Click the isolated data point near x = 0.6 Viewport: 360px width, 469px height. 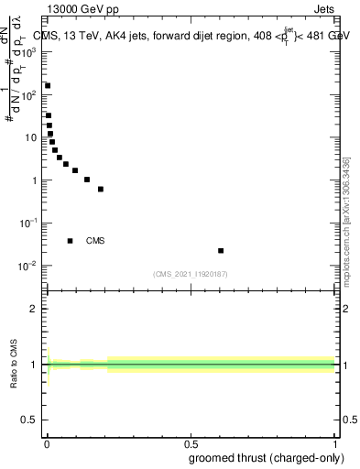click(x=221, y=250)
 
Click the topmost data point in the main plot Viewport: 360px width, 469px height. click(x=48, y=86)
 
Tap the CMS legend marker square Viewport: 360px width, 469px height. click(x=71, y=241)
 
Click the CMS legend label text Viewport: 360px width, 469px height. click(x=95, y=241)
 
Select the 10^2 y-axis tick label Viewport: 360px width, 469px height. click(x=30, y=95)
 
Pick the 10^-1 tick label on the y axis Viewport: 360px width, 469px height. click(x=30, y=224)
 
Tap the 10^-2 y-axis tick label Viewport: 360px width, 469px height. click(x=30, y=266)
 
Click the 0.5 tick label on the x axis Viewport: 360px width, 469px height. click(x=191, y=442)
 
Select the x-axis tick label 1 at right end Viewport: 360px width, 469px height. click(x=334, y=442)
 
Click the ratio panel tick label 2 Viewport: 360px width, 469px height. click(x=34, y=309)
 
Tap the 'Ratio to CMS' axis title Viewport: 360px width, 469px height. click(x=15, y=365)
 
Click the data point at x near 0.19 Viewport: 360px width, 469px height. click(x=101, y=189)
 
